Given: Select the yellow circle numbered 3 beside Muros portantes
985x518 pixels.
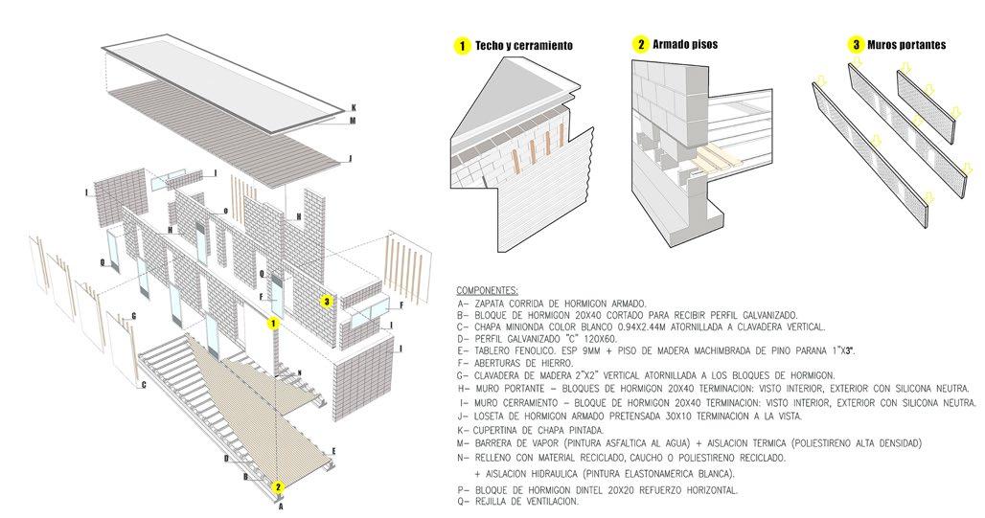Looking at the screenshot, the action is click(x=855, y=45).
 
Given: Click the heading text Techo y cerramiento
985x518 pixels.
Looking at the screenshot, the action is click(x=523, y=46).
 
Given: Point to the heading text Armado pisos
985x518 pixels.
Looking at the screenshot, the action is click(x=685, y=45).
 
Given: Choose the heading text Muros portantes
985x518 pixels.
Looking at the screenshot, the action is click(x=905, y=45).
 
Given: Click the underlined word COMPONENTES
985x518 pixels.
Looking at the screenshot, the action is click(x=488, y=289).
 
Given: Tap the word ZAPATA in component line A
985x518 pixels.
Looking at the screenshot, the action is click(x=488, y=302).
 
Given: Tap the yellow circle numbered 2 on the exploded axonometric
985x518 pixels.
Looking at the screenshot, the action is click(x=278, y=486).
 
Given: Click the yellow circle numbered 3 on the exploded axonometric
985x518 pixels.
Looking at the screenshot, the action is click(x=327, y=303).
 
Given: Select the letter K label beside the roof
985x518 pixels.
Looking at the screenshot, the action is click(x=354, y=107).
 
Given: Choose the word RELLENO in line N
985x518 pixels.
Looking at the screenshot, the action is click(x=491, y=458).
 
